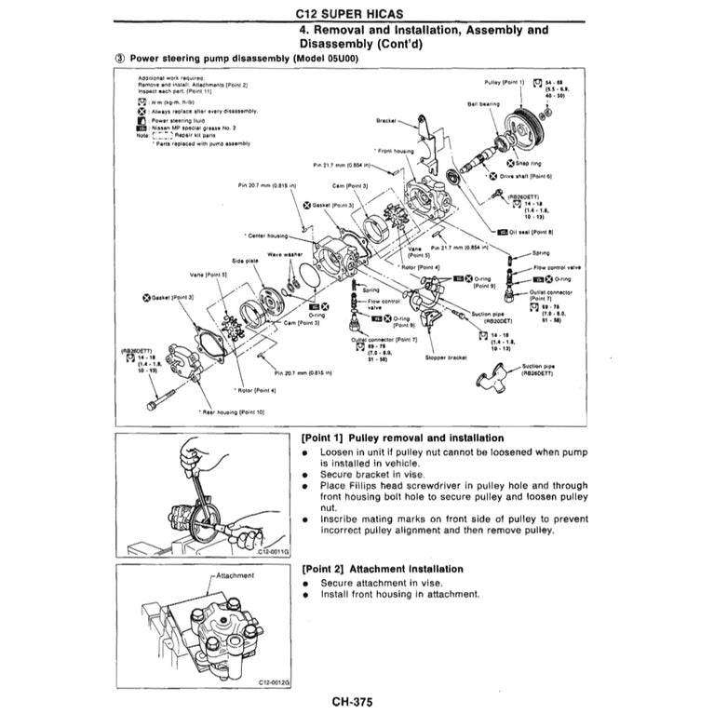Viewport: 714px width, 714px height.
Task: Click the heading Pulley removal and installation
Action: pyautogui.click(x=403, y=438)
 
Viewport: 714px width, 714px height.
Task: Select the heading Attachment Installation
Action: pyautogui.click(x=383, y=568)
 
